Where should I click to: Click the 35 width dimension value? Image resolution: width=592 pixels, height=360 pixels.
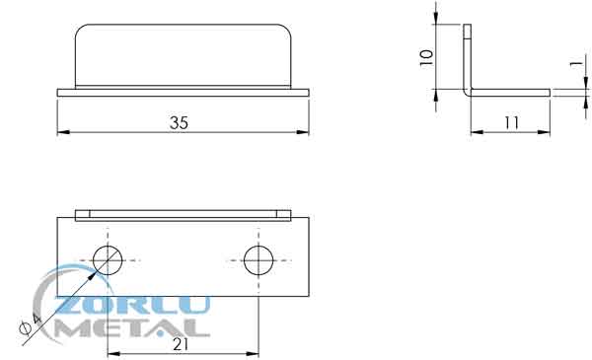(179, 122)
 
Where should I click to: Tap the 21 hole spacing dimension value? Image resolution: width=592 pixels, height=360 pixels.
(181, 344)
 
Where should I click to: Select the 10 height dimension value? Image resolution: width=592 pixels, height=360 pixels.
(426, 58)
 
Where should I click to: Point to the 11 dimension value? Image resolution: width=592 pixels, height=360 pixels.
(511, 122)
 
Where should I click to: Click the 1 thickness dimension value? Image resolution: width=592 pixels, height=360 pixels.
(576, 63)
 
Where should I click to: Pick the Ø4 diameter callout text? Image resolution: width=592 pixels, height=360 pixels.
(31, 324)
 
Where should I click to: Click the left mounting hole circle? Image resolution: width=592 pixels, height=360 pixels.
(108, 260)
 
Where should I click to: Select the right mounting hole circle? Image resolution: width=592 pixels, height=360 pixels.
(259, 260)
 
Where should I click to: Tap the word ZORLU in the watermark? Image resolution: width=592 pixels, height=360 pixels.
(132, 306)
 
